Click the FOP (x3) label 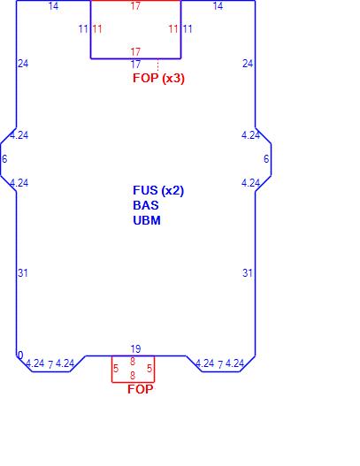coord(158,78)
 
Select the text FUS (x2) coord(158,190)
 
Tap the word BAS coord(146,205)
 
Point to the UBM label coord(147,220)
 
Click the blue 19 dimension coord(135,349)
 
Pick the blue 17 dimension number coord(135,65)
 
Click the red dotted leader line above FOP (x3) coord(157,65)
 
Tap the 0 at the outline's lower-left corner coord(20,355)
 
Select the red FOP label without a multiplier coord(141,389)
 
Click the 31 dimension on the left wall coord(23,273)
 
